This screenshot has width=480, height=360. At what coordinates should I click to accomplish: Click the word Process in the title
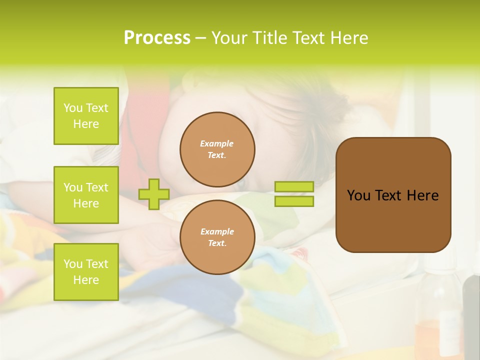157,37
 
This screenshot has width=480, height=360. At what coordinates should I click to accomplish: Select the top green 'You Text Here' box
86,116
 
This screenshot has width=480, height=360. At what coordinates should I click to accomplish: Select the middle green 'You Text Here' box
86,195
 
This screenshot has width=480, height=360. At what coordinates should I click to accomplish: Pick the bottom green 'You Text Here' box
86,272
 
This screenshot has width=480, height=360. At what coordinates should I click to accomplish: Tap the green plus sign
153,194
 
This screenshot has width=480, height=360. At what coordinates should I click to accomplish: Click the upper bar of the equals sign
294,187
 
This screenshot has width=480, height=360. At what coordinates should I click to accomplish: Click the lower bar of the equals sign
294,201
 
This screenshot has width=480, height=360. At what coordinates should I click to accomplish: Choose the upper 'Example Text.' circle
217,149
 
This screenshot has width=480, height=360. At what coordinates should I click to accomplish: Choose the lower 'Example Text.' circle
217,237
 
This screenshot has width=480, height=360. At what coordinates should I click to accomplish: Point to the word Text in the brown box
388,195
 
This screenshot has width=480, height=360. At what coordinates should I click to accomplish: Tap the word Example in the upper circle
217,143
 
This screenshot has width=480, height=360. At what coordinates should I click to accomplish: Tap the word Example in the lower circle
217,231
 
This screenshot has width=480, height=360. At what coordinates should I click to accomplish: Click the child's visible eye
241,184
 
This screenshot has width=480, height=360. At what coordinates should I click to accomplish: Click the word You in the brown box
358,195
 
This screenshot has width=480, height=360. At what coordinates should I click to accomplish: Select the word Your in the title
229,37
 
